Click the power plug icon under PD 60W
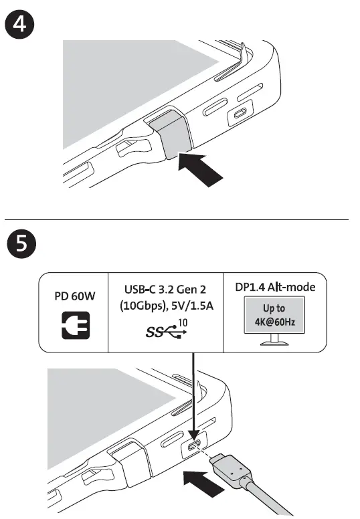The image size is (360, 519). pos(74,326)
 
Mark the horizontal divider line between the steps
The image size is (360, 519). pos(180,219)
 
